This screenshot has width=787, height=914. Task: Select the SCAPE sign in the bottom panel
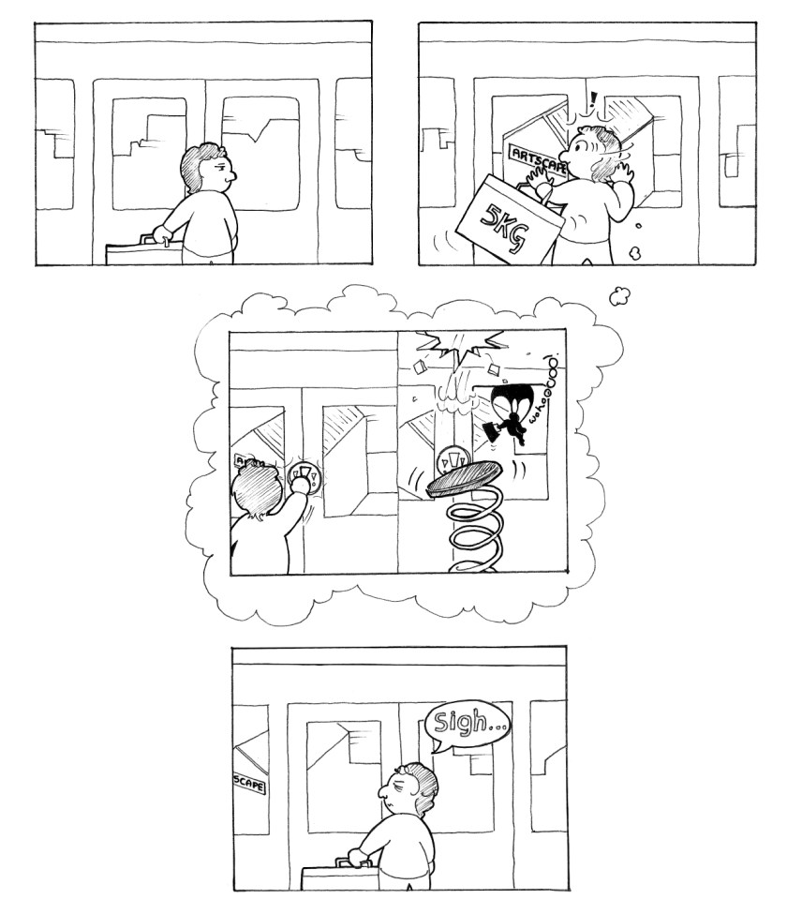click(248, 779)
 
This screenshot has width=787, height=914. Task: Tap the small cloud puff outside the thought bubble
click(619, 296)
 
